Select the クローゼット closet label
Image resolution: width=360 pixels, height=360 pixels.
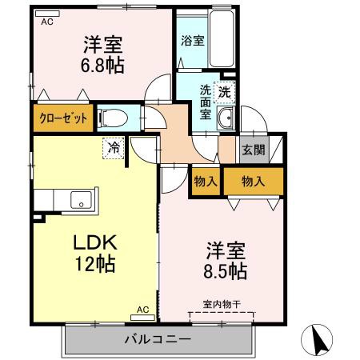[62, 118]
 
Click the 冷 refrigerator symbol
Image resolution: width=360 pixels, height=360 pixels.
[114, 149]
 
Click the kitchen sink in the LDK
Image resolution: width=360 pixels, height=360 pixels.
[80, 199]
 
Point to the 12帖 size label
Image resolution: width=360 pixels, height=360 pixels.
[96, 265]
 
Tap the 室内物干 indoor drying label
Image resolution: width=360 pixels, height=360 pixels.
[221, 305]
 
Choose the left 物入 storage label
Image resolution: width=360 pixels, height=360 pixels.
[206, 182]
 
